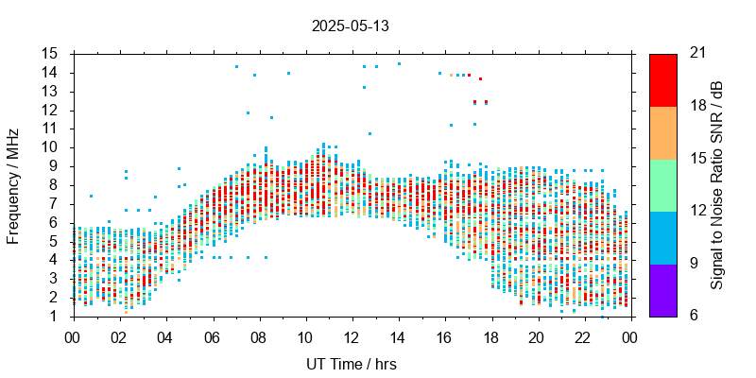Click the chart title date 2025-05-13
[350, 26]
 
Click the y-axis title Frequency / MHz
[13, 184]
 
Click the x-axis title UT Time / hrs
[352, 364]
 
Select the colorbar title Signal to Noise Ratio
[717, 184]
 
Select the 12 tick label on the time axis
[352, 335]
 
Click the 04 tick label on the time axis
[165, 335]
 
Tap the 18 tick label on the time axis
[491, 335]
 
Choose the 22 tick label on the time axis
[584, 335]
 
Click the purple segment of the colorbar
[662, 289]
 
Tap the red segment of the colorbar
[662, 79]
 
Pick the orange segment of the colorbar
[662, 132]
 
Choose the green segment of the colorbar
[662, 184]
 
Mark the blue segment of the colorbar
[662, 237]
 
